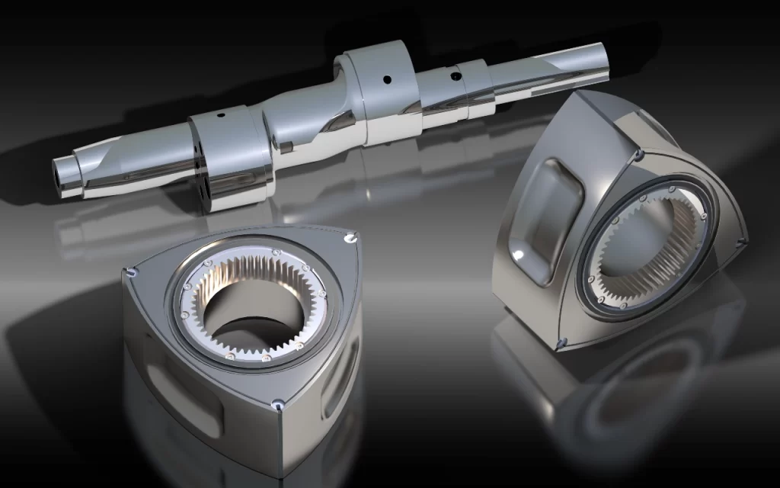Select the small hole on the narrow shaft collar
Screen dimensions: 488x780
pyautogui.click(x=456, y=76)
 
